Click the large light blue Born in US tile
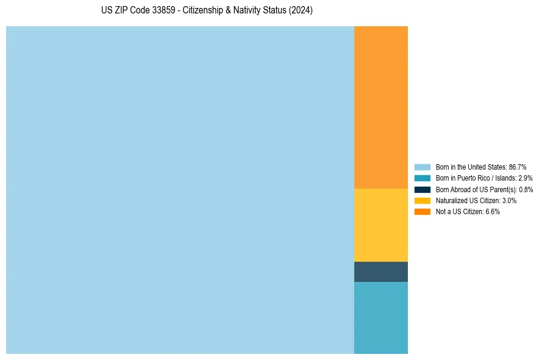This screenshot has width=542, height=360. pos(180,190)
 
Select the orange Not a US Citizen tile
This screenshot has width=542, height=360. pos(381,107)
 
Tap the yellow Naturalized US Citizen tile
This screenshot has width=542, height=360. pos(381,225)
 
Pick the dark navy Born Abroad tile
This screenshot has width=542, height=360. pos(381,272)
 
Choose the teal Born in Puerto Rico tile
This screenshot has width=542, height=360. pos(381,317)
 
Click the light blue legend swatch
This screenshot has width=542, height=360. pos(423,167)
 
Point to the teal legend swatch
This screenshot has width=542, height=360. pos(423,178)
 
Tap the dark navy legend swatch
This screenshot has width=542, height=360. pos(423,189)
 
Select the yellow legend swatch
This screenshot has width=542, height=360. pos(423,201)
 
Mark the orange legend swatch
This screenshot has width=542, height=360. pos(423,212)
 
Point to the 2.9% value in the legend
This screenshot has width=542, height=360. pos(525,178)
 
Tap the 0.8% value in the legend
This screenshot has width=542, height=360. pos(526,189)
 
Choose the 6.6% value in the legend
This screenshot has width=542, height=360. pos(493,212)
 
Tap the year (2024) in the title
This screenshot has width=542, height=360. pos(301,10)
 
